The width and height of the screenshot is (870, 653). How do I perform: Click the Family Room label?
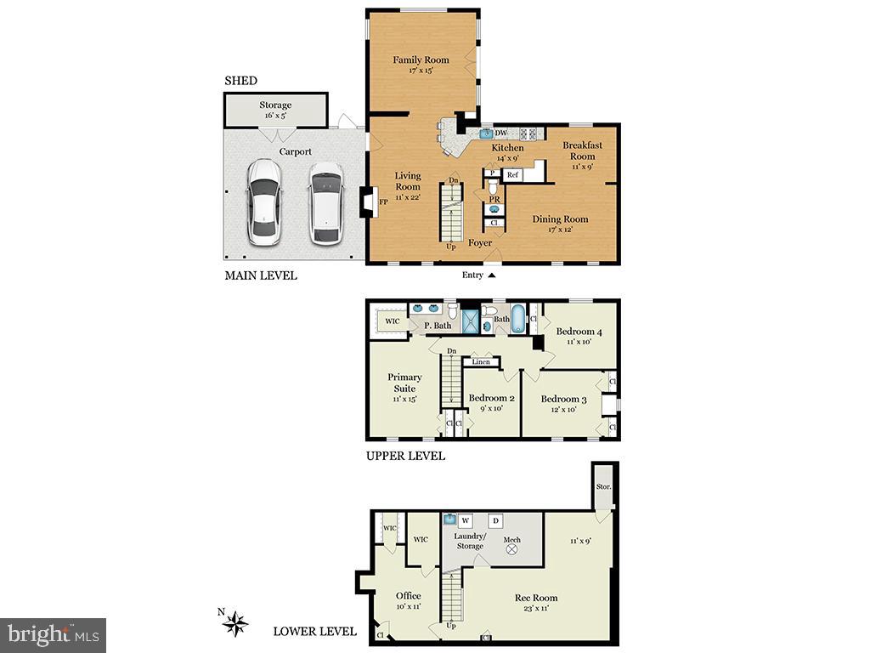pyautogui.click(x=421, y=60)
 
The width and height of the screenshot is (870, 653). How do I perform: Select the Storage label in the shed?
pyautogui.click(x=275, y=105)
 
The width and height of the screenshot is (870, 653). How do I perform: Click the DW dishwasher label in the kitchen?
pyautogui.click(x=501, y=133)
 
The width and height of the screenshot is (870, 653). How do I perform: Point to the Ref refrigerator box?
pyautogui.click(x=512, y=174)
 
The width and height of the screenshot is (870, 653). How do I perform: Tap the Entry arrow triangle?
pyautogui.click(x=491, y=275)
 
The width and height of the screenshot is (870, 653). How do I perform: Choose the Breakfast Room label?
pyautogui.click(x=582, y=150)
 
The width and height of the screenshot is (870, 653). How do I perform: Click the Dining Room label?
pyautogui.click(x=560, y=219)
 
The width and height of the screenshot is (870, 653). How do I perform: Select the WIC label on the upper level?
pyautogui.click(x=392, y=321)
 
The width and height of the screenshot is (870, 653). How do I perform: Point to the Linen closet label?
pyautogui.click(x=481, y=362)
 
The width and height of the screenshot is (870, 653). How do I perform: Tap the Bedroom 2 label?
pyautogui.click(x=492, y=398)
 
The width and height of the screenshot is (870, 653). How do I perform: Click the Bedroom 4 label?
pyautogui.click(x=579, y=332)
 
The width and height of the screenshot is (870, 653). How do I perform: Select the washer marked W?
pyautogui.click(x=466, y=520)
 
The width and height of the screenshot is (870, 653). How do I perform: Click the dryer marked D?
pyautogui.click(x=496, y=520)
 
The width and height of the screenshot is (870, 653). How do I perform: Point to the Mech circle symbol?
pyautogui.click(x=512, y=550)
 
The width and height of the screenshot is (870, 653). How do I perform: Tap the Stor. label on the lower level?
pyautogui.click(x=603, y=488)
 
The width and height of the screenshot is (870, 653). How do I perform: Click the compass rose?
pyautogui.click(x=235, y=625)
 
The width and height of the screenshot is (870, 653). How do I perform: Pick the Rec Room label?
pyautogui.click(x=536, y=598)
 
